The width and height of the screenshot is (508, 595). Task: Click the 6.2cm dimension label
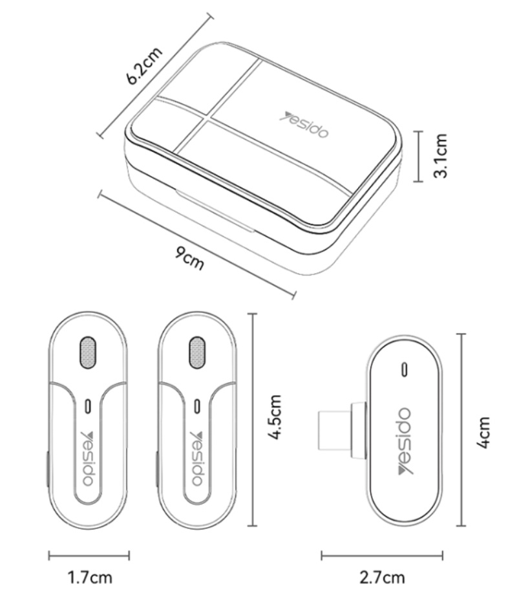click(x=144, y=66)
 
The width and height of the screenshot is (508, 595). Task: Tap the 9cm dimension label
click(x=189, y=258)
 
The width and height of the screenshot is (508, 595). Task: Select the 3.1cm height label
click(x=441, y=156)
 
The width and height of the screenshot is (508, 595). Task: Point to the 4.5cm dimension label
click(x=275, y=416)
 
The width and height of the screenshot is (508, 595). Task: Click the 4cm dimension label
click(x=483, y=433)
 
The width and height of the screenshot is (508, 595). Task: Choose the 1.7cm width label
click(x=90, y=578)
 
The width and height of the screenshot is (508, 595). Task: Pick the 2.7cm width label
click(x=382, y=578)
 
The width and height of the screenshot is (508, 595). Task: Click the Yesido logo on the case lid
click(x=304, y=125)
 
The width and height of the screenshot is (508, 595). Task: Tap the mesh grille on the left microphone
click(x=88, y=352)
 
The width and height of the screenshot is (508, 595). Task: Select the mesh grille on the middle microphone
click(x=197, y=352)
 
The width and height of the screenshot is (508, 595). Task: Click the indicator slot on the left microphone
click(x=89, y=406)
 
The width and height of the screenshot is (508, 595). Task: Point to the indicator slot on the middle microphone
click(x=197, y=406)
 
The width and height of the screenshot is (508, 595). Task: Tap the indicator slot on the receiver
click(x=405, y=369)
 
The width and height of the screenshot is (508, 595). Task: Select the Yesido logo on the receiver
click(x=405, y=441)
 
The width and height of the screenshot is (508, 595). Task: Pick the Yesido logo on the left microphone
click(x=89, y=459)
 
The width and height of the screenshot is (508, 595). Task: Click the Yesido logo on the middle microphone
click(x=197, y=459)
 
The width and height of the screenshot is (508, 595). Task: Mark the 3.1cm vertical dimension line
click(x=418, y=157)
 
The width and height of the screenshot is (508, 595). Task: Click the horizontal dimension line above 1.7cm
click(x=89, y=556)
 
